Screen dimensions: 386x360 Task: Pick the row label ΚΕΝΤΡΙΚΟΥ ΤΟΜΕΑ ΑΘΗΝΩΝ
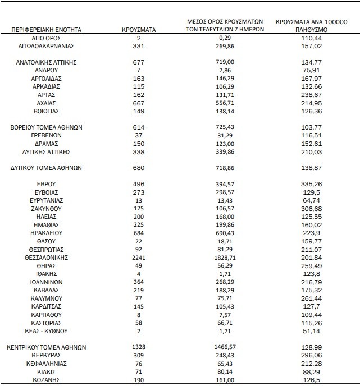point(46,347)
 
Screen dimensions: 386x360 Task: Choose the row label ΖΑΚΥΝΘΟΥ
point(45,208)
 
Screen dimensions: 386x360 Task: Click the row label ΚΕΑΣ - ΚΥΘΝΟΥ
point(45,331)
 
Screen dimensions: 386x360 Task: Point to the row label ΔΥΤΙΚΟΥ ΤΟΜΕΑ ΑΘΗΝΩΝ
point(46,167)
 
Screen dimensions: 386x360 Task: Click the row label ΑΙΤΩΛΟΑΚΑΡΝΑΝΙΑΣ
point(45,45)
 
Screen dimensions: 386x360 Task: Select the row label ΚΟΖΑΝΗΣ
point(45,380)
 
